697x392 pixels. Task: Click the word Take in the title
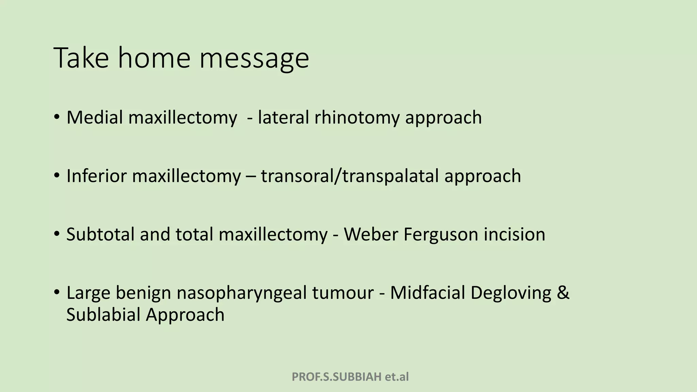81,58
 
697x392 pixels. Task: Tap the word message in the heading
254,59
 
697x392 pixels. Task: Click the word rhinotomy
357,118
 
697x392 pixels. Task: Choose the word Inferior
96,176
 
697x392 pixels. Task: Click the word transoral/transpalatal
350,176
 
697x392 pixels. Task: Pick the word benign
143,293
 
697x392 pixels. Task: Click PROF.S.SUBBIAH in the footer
337,377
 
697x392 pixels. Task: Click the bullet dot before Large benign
56,292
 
